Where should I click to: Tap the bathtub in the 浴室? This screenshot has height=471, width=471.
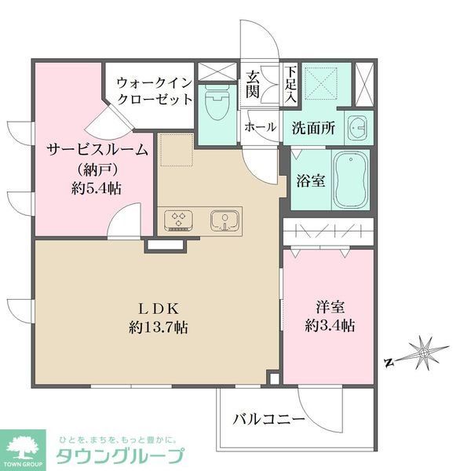(x=350, y=180)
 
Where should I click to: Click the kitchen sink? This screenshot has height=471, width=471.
(x=224, y=219)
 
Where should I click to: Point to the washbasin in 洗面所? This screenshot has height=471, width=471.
(x=358, y=126)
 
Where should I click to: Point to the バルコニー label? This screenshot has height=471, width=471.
(x=268, y=420)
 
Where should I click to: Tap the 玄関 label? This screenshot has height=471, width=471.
(x=254, y=85)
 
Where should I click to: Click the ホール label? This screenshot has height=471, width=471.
(x=260, y=126)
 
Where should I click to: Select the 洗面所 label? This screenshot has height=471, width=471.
(x=313, y=126)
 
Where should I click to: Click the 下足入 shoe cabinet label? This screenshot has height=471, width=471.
(x=290, y=85)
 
